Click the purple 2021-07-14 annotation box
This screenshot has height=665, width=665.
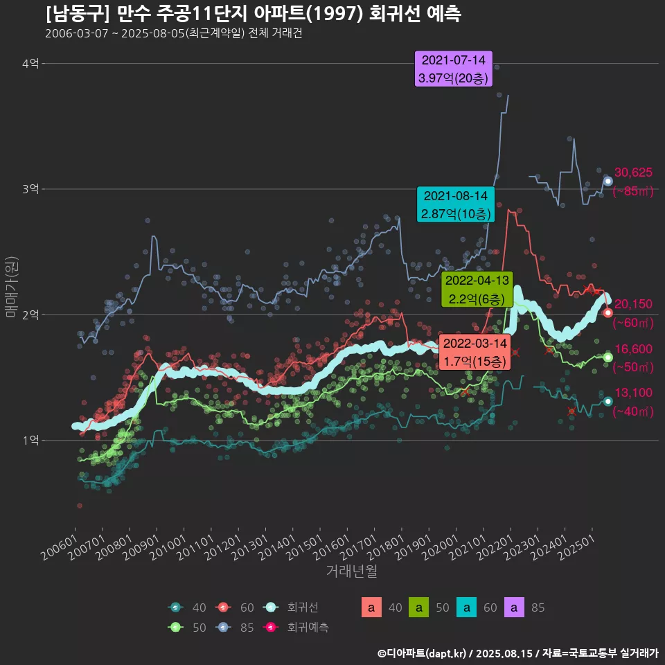pyautogui.click(x=453, y=69)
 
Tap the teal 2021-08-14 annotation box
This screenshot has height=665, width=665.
pyautogui.click(x=456, y=204)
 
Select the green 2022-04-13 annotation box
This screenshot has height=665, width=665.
pyautogui.click(x=477, y=290)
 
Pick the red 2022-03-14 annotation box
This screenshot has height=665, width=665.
pyautogui.click(x=475, y=352)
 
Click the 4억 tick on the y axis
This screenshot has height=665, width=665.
pyautogui.click(x=30, y=64)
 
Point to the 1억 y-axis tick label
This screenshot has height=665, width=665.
pyautogui.click(x=30, y=441)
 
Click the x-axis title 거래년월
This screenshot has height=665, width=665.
pyautogui.click(x=351, y=571)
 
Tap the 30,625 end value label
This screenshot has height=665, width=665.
pyautogui.click(x=633, y=172)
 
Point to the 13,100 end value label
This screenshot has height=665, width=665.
pyautogui.click(x=633, y=393)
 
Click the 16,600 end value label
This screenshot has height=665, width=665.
pyautogui.click(x=633, y=349)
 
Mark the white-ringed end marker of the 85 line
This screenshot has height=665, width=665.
pyautogui.click(x=608, y=181)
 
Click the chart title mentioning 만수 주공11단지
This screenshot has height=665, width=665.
pyautogui.click(x=253, y=14)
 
